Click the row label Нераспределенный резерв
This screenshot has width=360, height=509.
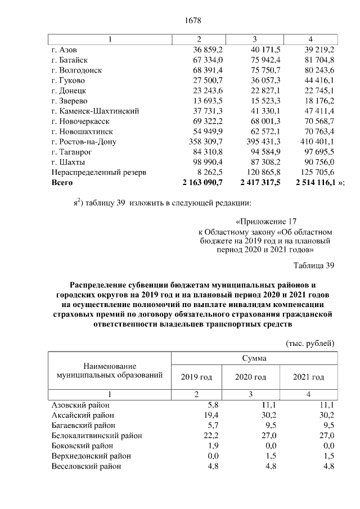point(98,172)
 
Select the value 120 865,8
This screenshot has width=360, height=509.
point(262,172)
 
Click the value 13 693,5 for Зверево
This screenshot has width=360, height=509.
point(210,101)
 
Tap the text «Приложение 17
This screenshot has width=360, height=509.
point(265,222)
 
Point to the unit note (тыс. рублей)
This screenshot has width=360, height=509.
point(310,343)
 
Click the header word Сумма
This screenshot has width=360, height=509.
point(254,358)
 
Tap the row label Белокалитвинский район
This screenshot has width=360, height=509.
point(96,435)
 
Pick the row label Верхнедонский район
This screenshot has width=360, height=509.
point(91,456)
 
